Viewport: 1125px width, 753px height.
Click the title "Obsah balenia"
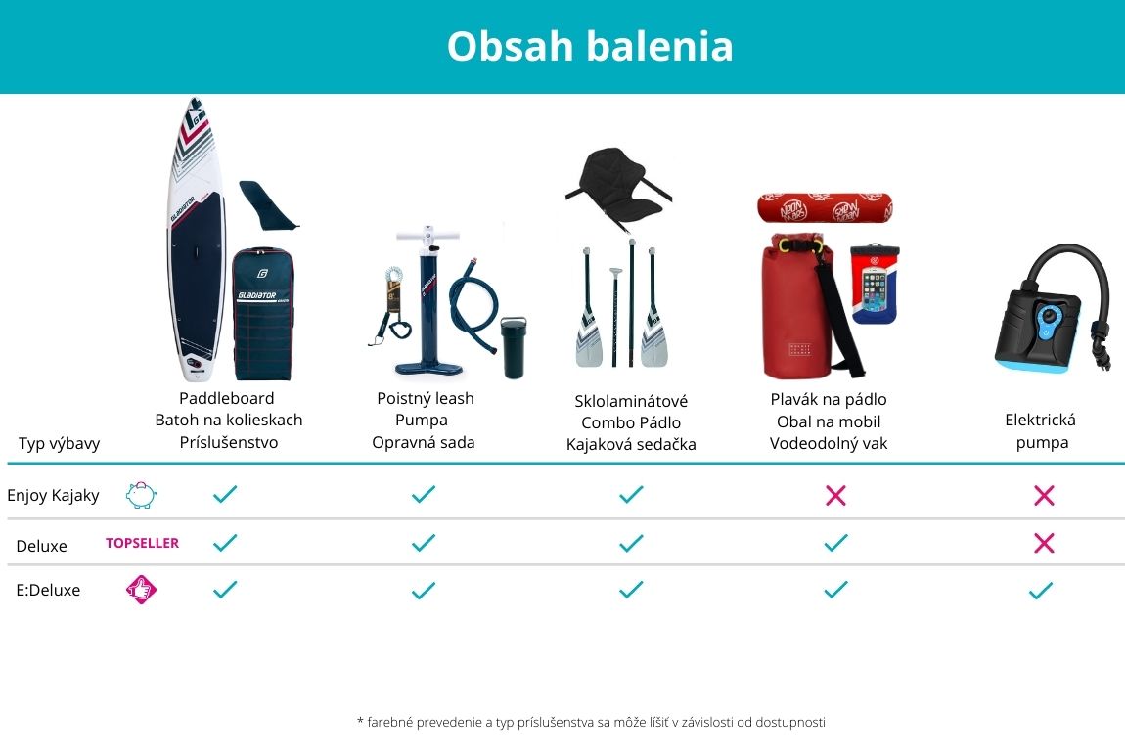coord(590,46)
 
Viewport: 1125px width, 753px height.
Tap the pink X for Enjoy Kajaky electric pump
coord(1044,495)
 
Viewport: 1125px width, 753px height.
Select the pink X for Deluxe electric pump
coord(1044,543)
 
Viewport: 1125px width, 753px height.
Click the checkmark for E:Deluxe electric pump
coord(1040,591)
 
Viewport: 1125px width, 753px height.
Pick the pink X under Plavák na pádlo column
coord(835,495)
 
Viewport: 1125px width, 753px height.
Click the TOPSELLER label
coord(142,543)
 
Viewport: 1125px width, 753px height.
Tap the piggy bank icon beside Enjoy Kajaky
coord(141,495)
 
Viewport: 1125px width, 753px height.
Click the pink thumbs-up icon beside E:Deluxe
coord(141,590)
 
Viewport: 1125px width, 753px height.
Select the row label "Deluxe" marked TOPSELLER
coord(42,546)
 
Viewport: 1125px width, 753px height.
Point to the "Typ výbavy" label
coord(60,443)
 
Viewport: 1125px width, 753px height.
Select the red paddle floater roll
coord(825,208)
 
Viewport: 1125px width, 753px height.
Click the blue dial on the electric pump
coord(1049,317)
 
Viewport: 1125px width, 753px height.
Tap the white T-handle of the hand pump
coord(427,236)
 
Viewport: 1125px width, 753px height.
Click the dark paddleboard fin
coord(267,205)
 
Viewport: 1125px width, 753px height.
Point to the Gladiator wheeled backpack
coord(262,313)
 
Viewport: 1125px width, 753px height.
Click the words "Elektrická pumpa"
coord(1041,431)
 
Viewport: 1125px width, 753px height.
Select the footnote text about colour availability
coord(591,722)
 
